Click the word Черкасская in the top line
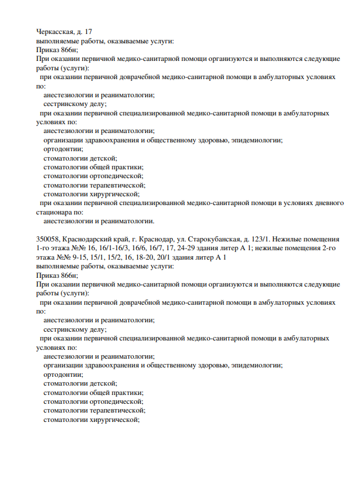tap(55, 31)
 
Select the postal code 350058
tap(47, 240)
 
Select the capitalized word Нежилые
tap(291, 240)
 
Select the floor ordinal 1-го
tap(44, 248)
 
